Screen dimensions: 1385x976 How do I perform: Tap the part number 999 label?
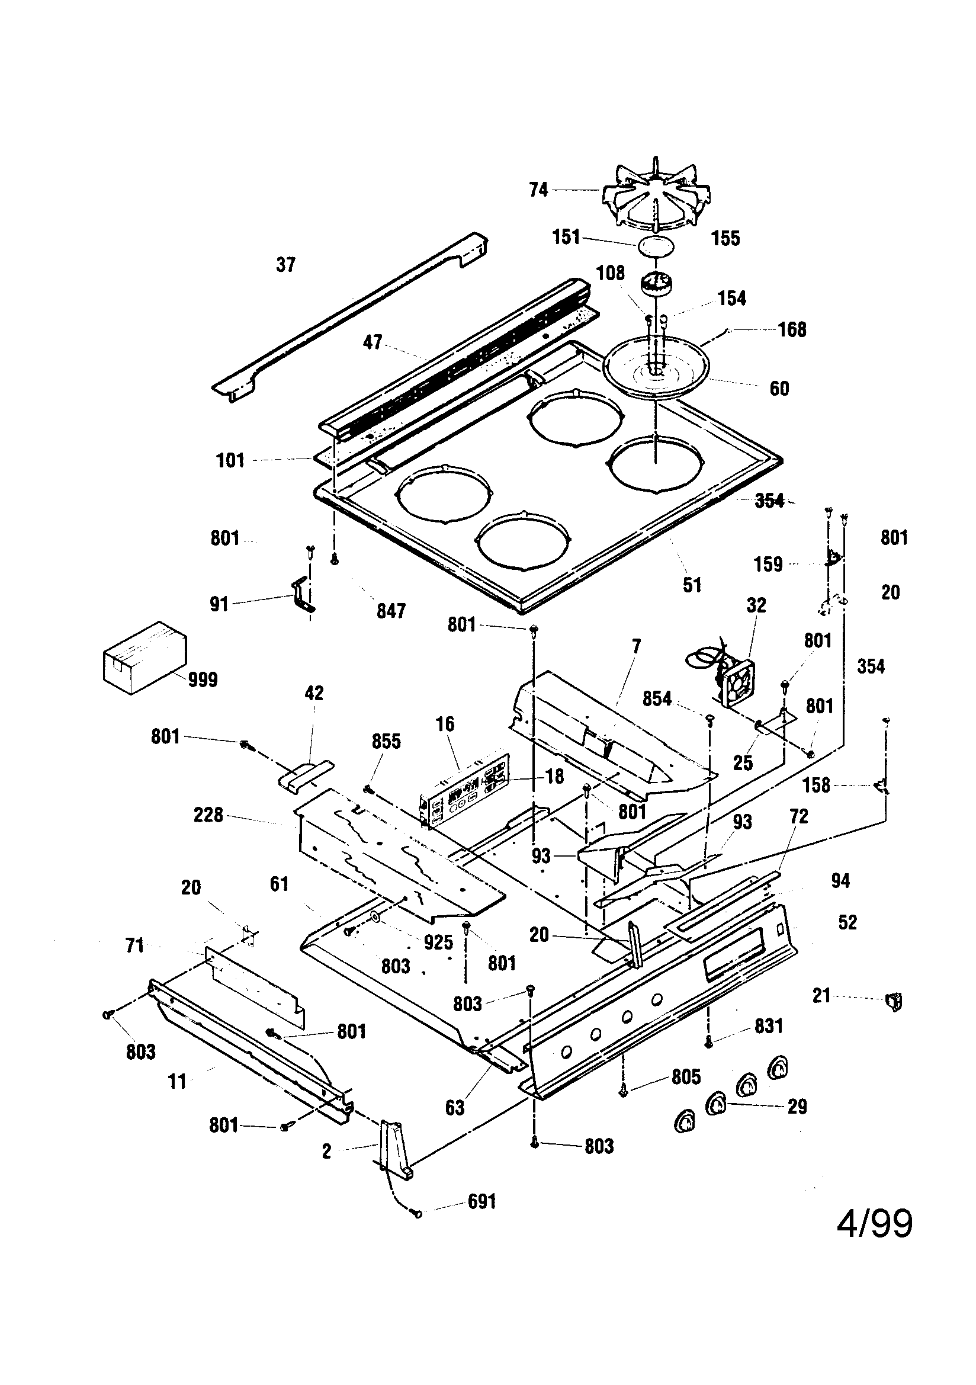[202, 680]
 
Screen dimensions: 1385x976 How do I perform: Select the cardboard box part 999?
[143, 658]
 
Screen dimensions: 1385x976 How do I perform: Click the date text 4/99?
[874, 1224]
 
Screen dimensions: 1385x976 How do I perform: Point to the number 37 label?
[286, 265]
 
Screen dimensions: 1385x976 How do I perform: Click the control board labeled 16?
[464, 791]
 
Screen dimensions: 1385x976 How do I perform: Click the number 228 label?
[208, 816]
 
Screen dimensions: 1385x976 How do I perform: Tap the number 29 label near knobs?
[797, 1107]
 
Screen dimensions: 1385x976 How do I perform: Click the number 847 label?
[391, 611]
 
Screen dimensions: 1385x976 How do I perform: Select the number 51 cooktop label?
[692, 585]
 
